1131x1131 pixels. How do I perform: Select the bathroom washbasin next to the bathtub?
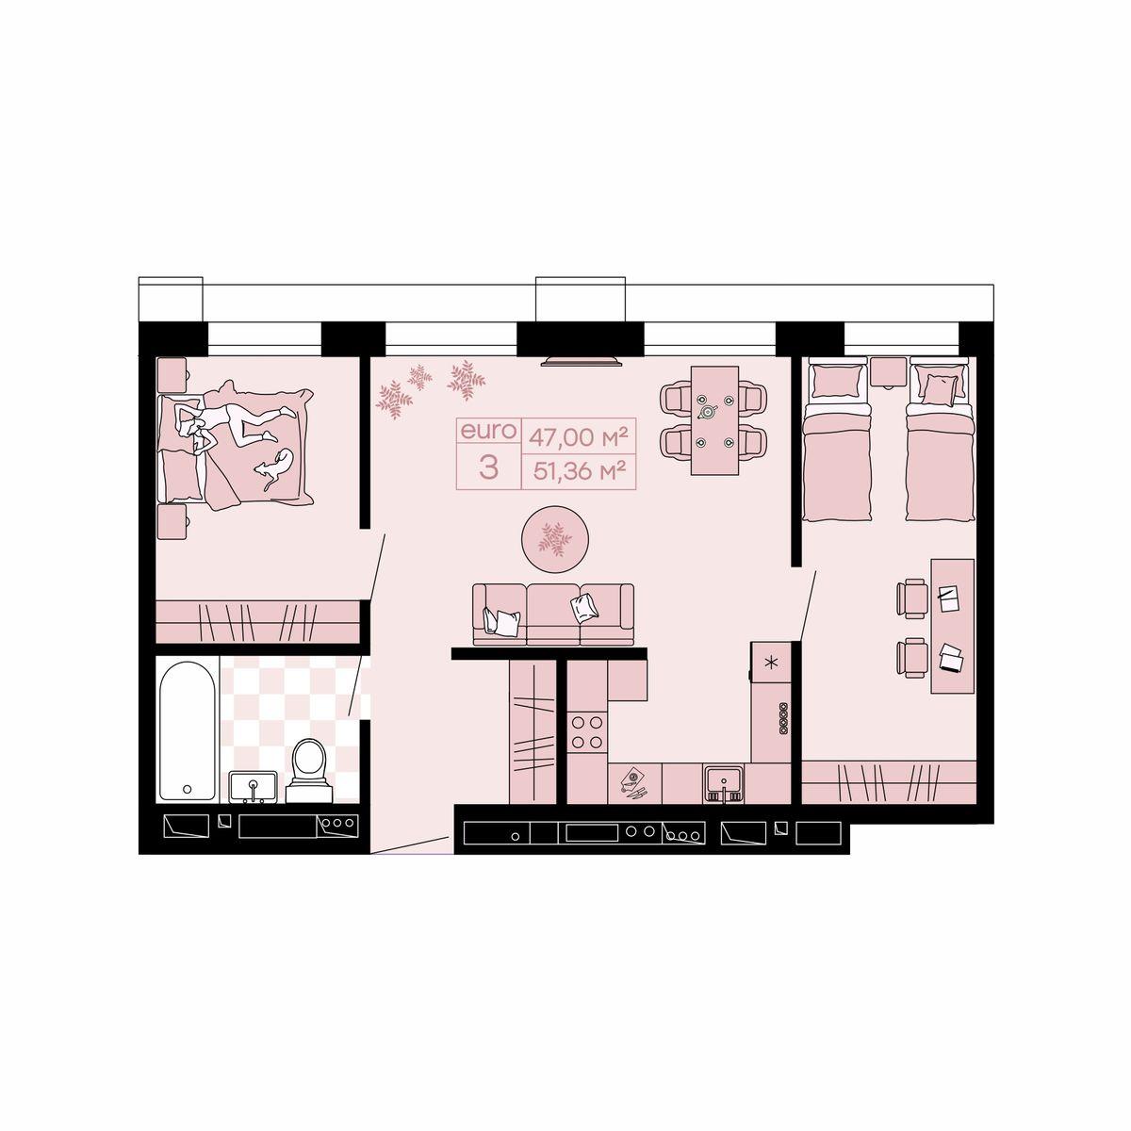tap(253, 786)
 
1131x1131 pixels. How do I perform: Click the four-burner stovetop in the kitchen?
tap(587, 731)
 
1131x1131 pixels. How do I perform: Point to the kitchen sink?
tap(724, 785)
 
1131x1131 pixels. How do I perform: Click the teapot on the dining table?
tap(709, 412)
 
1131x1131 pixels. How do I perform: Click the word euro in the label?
tap(488, 431)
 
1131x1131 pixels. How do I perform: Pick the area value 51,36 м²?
tap(577, 470)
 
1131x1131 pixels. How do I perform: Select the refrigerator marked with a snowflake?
tap(771, 662)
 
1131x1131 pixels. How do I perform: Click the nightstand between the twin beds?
tap(889, 371)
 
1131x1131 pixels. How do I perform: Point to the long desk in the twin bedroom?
tap(953, 626)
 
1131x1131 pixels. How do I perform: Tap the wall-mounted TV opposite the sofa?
tap(582, 360)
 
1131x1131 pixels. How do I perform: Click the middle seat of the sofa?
tap(553, 615)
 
